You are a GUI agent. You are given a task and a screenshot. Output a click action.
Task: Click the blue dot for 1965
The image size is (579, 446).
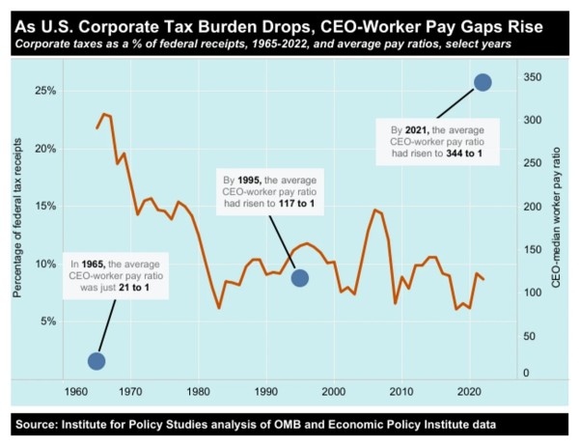coord(96,361)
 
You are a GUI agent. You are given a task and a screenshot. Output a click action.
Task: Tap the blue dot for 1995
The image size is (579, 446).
coord(300,278)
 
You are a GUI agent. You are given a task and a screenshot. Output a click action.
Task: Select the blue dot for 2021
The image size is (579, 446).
coord(482,82)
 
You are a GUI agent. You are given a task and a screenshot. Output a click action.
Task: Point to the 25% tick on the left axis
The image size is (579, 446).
coord(45,91)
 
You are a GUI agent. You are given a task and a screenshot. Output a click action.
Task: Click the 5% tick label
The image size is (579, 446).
coord(48,321)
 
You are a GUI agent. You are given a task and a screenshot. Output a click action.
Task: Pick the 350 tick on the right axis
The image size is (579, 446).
coord(533,77)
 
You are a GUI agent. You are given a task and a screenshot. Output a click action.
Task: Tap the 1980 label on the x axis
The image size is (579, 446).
coord(198,391)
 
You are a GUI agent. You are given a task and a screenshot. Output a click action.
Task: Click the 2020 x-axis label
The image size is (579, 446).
coord(470,391)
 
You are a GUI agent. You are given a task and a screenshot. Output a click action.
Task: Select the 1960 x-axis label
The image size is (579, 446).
coord(76,391)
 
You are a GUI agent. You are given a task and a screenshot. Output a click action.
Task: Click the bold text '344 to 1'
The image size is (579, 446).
coord(464,153)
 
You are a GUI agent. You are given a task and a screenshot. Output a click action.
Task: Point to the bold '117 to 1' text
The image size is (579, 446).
coord(296,204)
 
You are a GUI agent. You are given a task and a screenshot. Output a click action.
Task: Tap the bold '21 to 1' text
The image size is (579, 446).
coord(134,287)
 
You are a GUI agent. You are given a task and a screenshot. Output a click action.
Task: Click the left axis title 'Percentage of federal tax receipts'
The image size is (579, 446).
coord(17,218)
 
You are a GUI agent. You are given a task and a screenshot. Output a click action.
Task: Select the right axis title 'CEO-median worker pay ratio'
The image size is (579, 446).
coord(556,217)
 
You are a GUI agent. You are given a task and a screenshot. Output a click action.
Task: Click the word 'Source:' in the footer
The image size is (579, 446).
coord(37,424)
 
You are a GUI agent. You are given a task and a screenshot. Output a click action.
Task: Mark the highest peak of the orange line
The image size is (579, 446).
coord(104,114)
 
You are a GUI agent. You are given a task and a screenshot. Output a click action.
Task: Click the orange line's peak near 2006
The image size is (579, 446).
coord(374,209)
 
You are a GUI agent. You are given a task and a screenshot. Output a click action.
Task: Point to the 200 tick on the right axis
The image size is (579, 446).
coord(533,207)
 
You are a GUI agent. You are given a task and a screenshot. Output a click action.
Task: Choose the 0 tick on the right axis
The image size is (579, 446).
coord(526,373)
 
